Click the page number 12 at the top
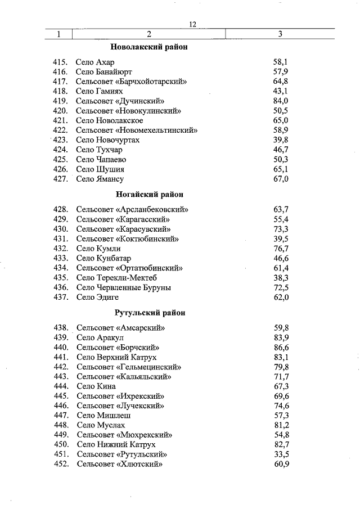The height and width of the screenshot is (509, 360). (192, 24)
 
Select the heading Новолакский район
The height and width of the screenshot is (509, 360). (149, 47)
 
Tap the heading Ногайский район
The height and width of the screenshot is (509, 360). (150, 195)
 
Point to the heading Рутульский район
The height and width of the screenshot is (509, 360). (150, 313)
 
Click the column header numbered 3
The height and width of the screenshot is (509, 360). (280, 34)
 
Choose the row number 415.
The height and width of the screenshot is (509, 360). (60, 62)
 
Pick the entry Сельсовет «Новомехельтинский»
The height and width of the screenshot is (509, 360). (137, 130)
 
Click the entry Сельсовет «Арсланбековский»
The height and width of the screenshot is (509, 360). (132, 210)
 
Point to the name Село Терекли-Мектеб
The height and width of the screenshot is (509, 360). (116, 278)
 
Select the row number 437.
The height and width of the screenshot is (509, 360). (60, 297)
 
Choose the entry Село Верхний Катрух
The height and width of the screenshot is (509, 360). (116, 357)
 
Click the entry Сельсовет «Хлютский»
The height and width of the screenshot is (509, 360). (119, 464)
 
